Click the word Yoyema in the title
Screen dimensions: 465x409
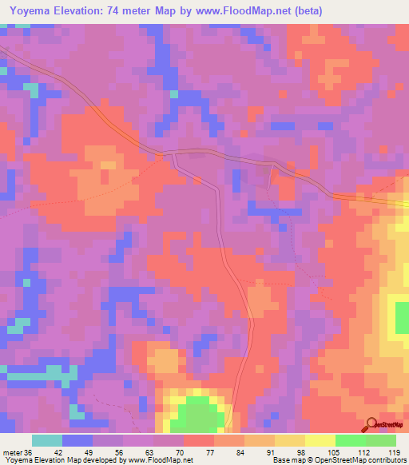(30, 12)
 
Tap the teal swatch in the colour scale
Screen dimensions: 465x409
(47, 440)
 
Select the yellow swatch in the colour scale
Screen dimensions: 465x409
(320, 440)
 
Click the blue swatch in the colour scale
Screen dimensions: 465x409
(77, 440)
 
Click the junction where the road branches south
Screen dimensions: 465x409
(174, 154)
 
